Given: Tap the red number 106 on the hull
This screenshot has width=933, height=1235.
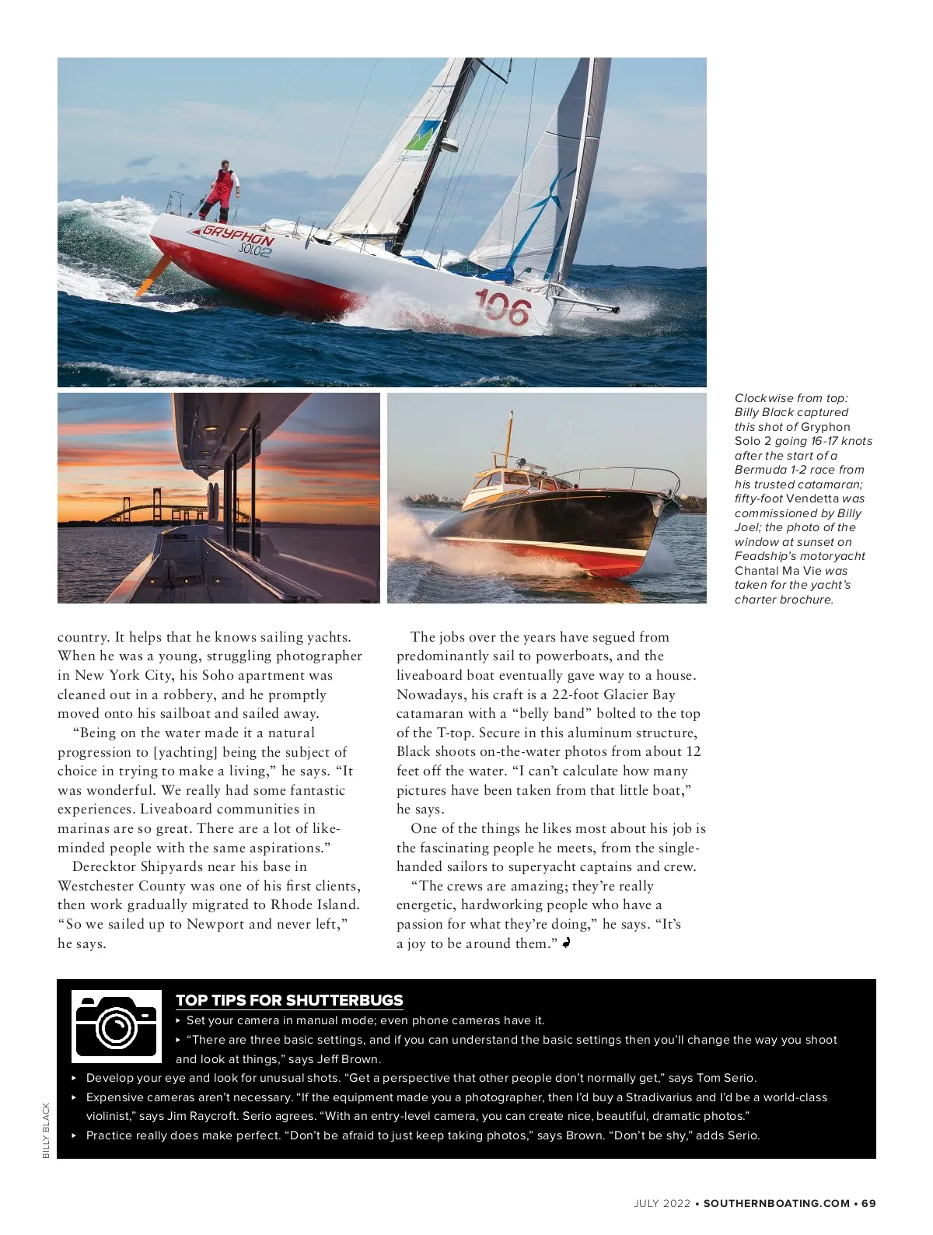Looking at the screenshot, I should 502,307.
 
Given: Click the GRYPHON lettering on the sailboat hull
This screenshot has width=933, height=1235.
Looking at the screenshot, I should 238,236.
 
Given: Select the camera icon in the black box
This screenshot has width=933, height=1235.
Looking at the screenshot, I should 116,1026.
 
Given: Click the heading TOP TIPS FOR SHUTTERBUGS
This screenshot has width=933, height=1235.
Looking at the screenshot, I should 289,1000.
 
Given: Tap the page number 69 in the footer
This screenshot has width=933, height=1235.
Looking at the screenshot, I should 868,1203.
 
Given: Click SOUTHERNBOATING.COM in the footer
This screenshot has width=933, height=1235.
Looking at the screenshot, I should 776,1203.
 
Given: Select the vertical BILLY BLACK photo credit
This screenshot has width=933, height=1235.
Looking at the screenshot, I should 46,1130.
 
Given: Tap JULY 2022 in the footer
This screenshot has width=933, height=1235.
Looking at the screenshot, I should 662,1203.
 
